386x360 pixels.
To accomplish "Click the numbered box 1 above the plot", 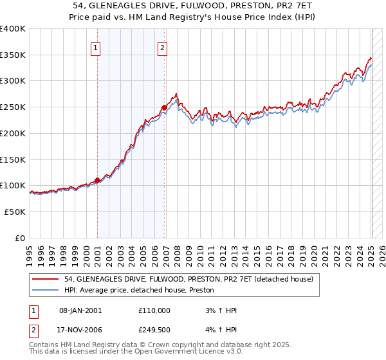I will [95, 47].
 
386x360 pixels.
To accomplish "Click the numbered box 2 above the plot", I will [163, 47].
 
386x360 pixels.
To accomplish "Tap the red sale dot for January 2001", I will [97, 181].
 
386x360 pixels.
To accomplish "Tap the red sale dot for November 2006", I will [165, 107].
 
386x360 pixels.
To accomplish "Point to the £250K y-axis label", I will [14, 107].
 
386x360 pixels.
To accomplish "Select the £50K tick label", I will [15, 212].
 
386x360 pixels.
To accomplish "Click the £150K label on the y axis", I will [14, 159].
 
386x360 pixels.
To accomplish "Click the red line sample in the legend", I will [46, 279].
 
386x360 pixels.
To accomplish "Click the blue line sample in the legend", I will [46, 291].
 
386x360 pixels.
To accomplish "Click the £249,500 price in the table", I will [154, 329].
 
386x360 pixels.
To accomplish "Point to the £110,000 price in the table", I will [154, 310].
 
